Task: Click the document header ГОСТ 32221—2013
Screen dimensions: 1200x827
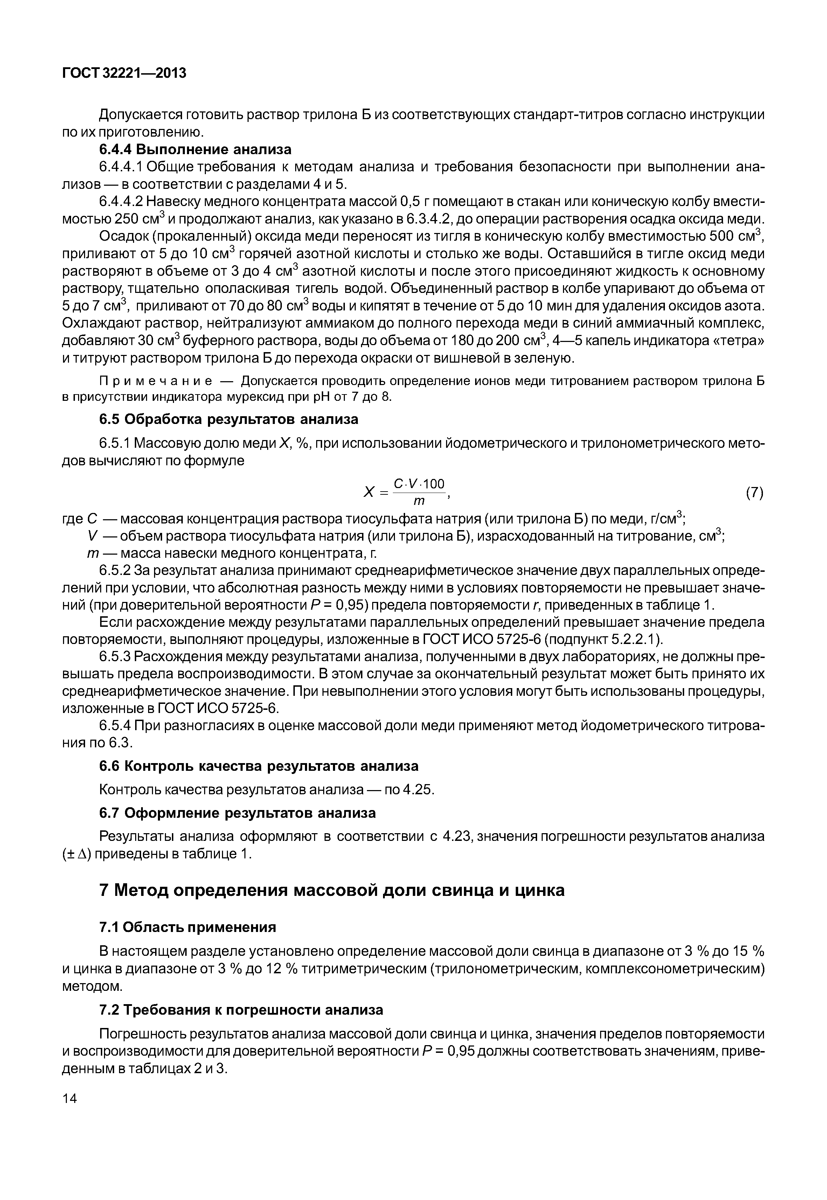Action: point(124,74)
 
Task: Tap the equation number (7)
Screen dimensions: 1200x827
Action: point(755,493)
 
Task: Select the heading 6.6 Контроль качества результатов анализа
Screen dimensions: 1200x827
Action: point(258,766)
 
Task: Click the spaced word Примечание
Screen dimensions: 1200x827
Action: point(156,382)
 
